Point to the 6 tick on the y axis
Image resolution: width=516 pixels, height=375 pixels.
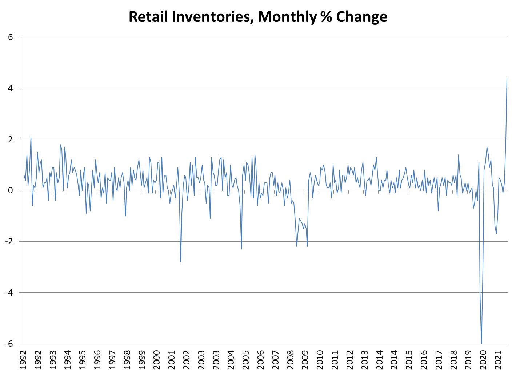pos(11,37)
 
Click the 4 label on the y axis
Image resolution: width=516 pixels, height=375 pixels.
pos(11,88)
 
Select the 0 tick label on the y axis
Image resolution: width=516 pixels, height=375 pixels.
pos(11,190)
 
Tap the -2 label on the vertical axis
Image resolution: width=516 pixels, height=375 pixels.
pos(10,241)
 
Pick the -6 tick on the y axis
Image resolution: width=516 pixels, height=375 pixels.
pos(10,343)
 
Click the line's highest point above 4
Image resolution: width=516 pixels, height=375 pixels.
pos(507,78)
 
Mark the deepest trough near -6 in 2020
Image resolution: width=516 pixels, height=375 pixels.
pos(481,343)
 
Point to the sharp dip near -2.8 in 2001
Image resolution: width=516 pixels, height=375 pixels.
pos(181,262)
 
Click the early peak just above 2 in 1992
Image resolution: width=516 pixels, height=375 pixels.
pos(31,137)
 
